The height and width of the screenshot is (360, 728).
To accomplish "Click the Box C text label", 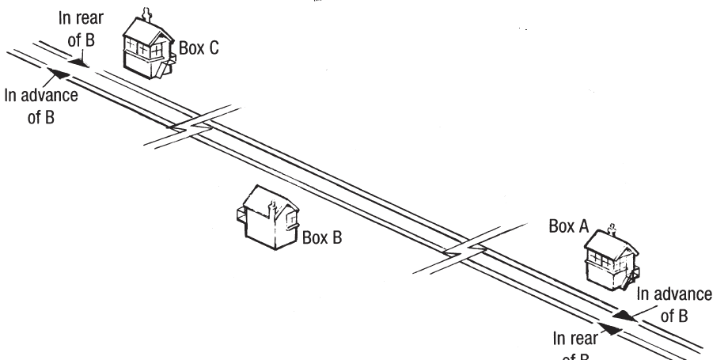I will pyautogui.click(x=199, y=47).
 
